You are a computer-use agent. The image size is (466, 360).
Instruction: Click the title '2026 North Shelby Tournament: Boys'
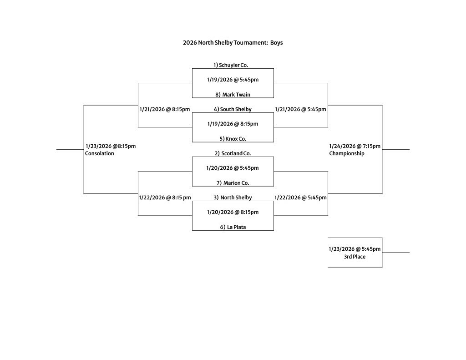233,43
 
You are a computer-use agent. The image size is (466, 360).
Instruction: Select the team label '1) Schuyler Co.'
231,65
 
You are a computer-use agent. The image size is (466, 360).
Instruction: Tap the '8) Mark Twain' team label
233,95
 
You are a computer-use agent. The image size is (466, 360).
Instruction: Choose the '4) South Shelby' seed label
233,109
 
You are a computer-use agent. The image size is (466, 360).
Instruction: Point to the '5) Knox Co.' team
233,139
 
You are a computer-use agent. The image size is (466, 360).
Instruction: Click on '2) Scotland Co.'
233,153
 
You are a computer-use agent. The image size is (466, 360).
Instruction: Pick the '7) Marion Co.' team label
233,183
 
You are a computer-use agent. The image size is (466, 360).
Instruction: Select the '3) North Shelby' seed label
233,198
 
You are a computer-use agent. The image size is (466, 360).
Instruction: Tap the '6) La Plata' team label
233,227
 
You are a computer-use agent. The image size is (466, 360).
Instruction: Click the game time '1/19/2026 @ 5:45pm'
233,80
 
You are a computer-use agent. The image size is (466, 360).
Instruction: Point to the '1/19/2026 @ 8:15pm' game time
233,124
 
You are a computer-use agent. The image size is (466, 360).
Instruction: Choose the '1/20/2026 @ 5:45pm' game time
233,168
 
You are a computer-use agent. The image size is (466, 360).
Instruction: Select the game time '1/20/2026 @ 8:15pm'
233,212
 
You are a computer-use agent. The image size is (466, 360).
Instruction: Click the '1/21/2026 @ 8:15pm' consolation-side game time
165,109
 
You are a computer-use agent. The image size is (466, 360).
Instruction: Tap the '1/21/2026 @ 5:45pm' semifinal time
300,109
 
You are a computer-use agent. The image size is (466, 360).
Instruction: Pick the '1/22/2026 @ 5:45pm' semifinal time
300,198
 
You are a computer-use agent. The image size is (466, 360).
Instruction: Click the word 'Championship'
347,153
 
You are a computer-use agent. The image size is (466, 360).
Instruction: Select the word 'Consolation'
100,153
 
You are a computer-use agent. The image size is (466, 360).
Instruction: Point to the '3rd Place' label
355,257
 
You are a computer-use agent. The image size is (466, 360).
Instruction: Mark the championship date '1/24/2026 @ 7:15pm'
355,146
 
